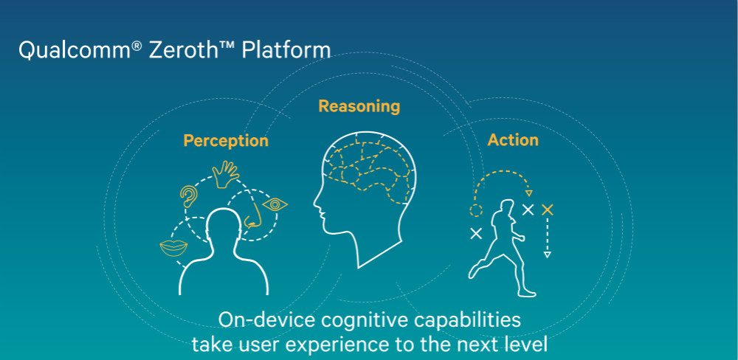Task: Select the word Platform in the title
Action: [x=286, y=50]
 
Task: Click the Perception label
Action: [x=226, y=141]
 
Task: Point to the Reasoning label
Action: [x=359, y=106]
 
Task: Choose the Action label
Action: [x=513, y=139]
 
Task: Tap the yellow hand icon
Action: [x=225, y=174]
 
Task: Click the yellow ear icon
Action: [x=189, y=196]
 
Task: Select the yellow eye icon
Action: [x=275, y=204]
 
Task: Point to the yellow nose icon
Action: [x=254, y=215]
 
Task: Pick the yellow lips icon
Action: [x=173, y=248]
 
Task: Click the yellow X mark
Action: [x=547, y=210]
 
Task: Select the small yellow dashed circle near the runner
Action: [x=476, y=210]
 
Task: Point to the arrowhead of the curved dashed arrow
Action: [x=529, y=193]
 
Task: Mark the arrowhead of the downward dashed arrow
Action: [x=547, y=255]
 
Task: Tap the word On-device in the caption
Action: [x=267, y=320]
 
